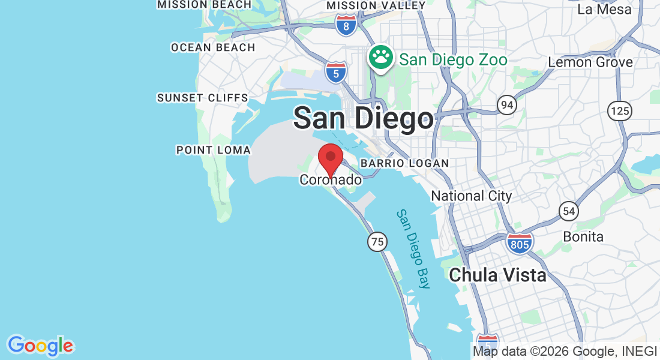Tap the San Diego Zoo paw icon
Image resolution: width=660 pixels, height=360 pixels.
(x=380, y=59)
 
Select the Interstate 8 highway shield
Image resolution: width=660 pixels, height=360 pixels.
(x=346, y=25)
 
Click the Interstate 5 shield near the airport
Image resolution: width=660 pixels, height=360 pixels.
(x=336, y=72)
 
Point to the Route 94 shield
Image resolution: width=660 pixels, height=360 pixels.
(x=507, y=106)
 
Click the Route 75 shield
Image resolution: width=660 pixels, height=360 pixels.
(x=377, y=242)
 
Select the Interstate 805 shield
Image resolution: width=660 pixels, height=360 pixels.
(x=518, y=243)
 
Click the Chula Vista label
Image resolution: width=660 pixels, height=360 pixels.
(x=497, y=275)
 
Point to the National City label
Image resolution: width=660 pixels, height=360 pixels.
(x=472, y=196)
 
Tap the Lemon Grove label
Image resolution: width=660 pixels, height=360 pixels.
(x=590, y=62)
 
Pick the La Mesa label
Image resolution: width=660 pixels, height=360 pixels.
(x=604, y=10)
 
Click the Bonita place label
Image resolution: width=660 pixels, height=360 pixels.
(x=583, y=236)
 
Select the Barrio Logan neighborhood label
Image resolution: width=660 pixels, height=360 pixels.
(x=404, y=163)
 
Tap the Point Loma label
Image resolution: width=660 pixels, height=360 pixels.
(x=213, y=150)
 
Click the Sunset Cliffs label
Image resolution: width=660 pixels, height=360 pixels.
(x=202, y=98)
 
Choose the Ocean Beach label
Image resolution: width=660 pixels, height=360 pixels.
(x=213, y=47)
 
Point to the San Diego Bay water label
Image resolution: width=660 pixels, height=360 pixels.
(x=413, y=248)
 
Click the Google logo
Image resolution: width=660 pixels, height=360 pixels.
(x=40, y=346)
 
